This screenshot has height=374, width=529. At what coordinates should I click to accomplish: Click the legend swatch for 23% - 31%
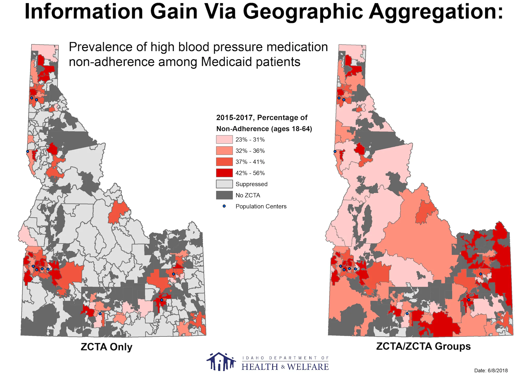click(x=224, y=140)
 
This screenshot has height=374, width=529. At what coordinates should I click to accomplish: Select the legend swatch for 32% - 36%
click(x=224, y=151)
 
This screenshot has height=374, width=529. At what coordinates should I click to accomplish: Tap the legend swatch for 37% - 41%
click(x=224, y=162)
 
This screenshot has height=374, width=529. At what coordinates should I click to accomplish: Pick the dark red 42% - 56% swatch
click(x=224, y=173)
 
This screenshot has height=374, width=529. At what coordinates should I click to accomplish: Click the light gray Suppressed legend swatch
click(x=224, y=184)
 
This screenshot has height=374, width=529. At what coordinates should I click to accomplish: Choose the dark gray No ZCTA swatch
click(x=224, y=195)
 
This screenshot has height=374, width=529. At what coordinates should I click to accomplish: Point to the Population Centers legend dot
click(x=224, y=206)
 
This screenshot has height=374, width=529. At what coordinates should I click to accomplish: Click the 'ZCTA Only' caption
click(x=106, y=347)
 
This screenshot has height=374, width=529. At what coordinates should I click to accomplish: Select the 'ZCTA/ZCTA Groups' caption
click(x=423, y=346)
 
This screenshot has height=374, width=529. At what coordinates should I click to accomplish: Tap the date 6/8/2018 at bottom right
click(x=491, y=370)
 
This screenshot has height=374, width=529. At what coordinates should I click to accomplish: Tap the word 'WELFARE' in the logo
click(x=308, y=367)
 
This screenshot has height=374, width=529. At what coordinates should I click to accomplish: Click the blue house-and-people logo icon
click(x=221, y=361)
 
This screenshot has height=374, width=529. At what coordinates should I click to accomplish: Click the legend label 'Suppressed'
click(x=251, y=184)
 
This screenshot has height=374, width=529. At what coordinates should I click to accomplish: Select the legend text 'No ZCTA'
click(x=248, y=195)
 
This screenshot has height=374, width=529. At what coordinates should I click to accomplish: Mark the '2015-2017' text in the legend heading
click(x=235, y=118)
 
